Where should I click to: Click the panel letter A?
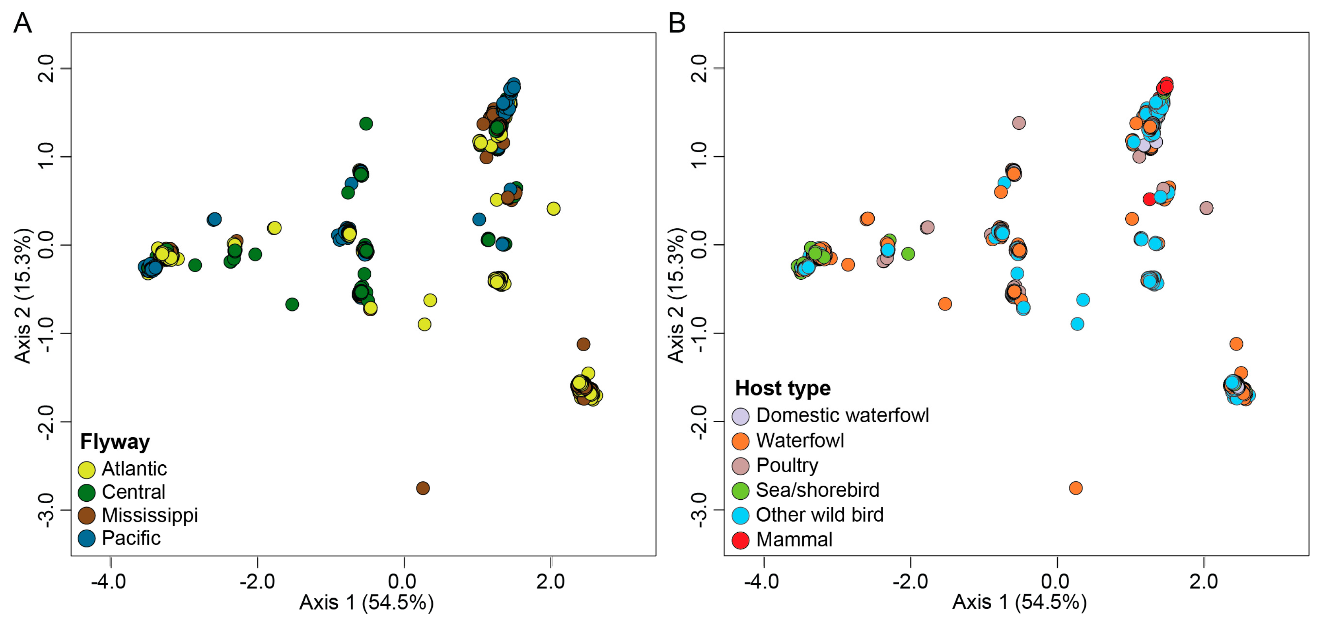23,23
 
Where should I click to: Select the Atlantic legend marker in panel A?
86,469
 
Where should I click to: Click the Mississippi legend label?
150,515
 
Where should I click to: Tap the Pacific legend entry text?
131,538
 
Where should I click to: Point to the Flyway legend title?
115,442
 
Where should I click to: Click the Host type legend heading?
782,388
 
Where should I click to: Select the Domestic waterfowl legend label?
842,415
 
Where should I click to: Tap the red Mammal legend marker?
740,540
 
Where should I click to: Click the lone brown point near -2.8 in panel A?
423,488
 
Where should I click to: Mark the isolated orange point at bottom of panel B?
1076,488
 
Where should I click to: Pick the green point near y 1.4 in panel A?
366,123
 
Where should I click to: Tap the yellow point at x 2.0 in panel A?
553,208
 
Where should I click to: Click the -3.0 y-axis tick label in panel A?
46,510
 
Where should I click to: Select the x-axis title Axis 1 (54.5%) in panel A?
366,603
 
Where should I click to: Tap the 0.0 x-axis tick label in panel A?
402,582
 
